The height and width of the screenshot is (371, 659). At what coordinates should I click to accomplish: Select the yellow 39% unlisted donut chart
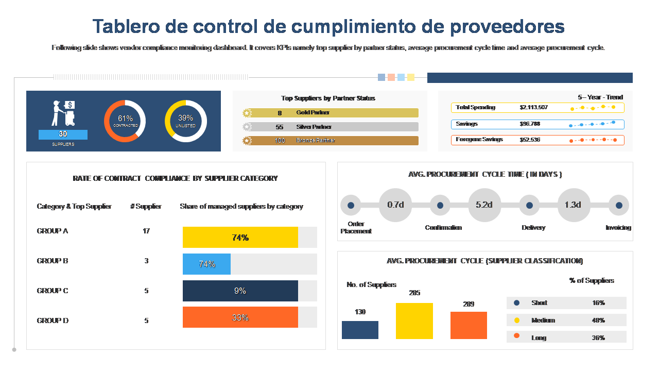point(185,121)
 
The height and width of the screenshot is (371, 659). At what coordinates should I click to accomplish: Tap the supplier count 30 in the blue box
point(63,134)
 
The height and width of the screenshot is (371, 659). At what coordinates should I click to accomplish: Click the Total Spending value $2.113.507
point(533,108)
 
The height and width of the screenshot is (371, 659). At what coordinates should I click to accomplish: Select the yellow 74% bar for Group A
point(240,238)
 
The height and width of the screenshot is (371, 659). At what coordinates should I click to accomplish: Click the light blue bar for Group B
point(206,264)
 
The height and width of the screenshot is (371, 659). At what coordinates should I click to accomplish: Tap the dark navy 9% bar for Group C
point(240,291)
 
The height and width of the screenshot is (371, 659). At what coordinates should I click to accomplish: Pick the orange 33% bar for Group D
point(240,317)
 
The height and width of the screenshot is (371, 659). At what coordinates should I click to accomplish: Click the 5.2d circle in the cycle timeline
point(484,205)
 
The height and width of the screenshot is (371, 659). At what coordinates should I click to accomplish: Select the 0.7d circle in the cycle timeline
point(395,205)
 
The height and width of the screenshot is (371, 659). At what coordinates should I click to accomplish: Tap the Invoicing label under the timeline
point(618,228)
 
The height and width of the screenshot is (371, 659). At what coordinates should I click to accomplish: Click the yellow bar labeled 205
point(414,321)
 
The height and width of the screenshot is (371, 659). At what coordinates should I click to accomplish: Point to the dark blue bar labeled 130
point(360,330)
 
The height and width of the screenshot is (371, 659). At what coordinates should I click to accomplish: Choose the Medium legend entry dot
point(517,320)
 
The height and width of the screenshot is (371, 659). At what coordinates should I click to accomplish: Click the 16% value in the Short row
point(598,303)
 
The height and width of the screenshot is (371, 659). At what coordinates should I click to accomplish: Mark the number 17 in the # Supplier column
point(146,231)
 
